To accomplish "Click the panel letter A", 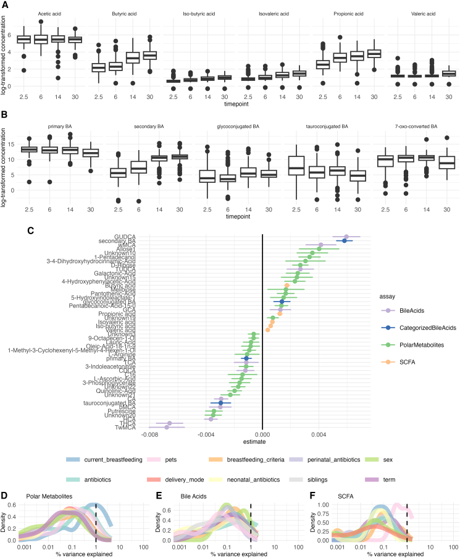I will [4, 5].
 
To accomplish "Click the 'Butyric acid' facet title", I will [111, 12].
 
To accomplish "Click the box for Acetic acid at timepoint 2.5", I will [23, 40].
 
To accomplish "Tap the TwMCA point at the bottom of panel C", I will [167, 427].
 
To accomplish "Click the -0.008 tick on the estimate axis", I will [149, 434].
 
